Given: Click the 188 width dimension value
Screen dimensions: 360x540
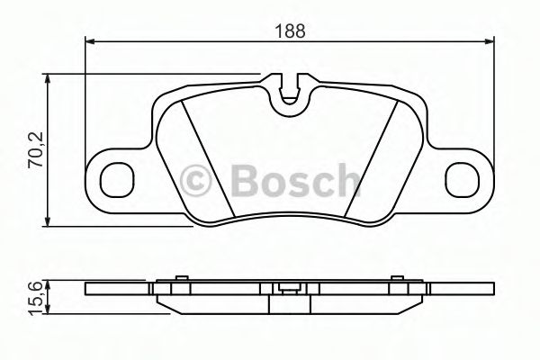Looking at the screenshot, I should (x=290, y=29).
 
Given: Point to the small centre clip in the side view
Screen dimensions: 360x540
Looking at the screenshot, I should (x=290, y=289).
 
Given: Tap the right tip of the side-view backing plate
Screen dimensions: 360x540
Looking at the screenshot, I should (x=492, y=290).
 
